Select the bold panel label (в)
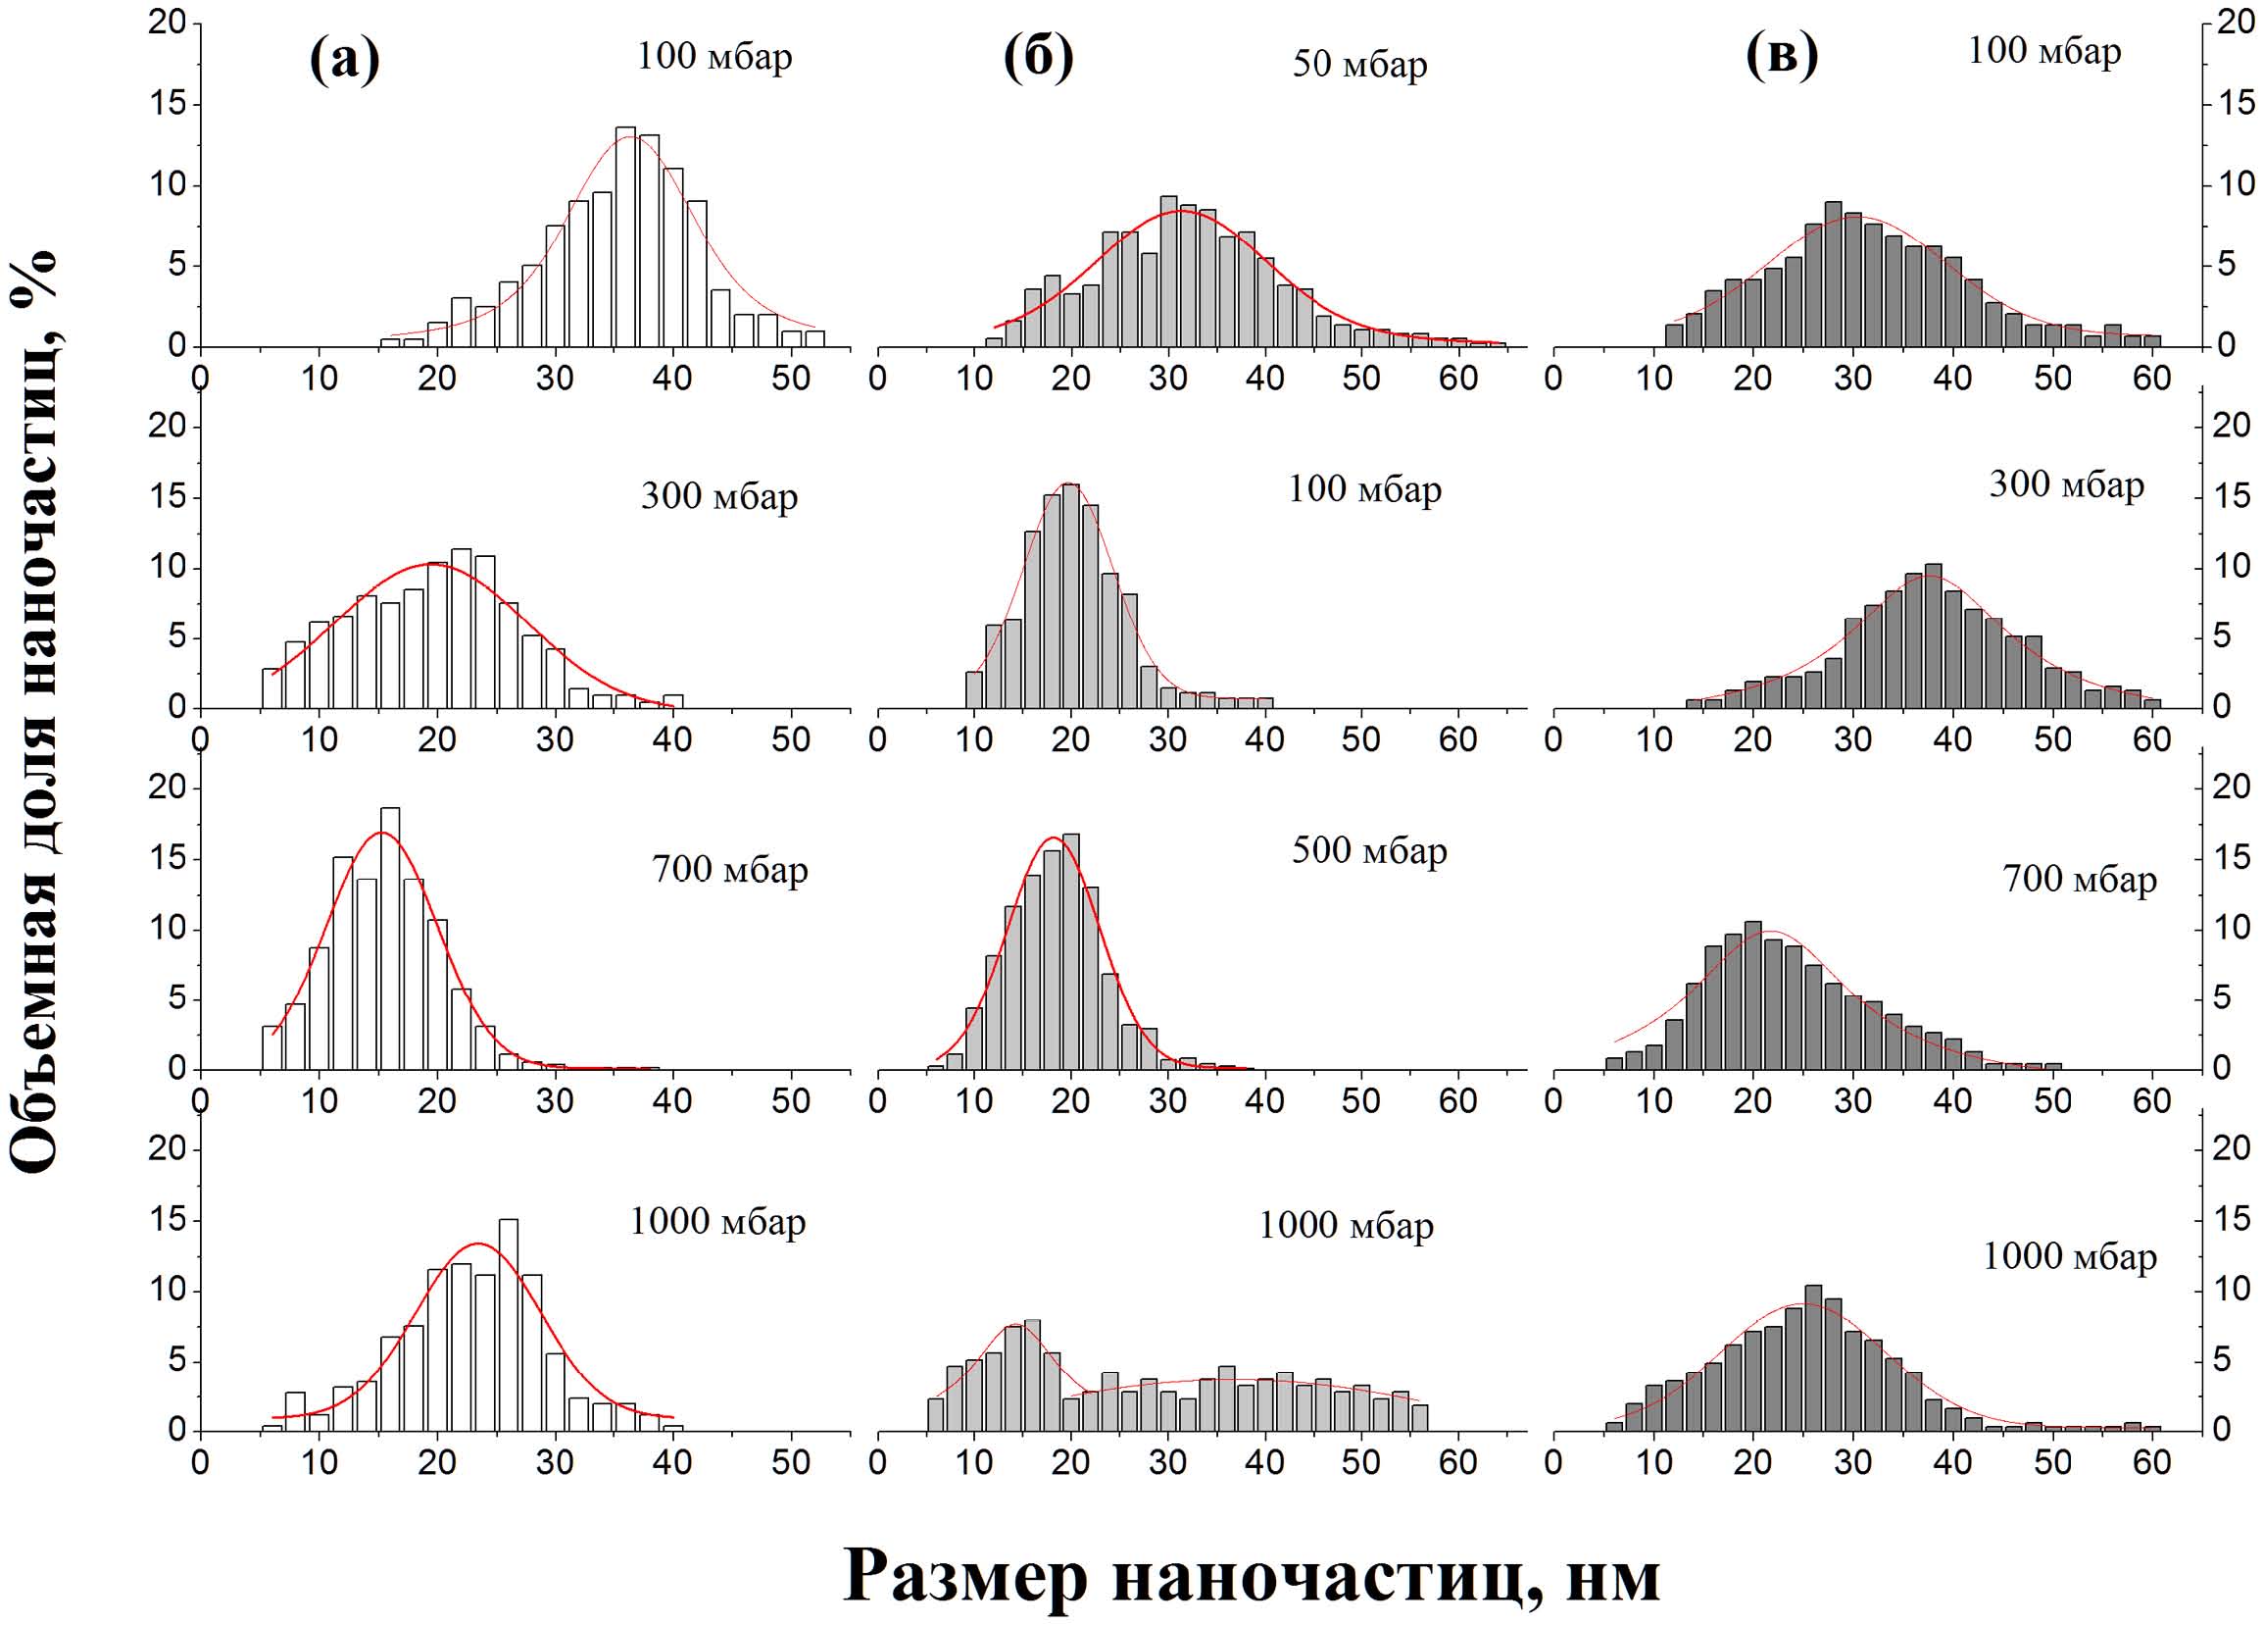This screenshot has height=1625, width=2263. [x=1782, y=56]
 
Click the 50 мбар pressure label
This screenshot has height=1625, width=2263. [x=1359, y=64]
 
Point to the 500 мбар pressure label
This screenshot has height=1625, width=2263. [x=1369, y=850]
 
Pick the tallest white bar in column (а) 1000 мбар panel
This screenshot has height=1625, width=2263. [x=508, y=1325]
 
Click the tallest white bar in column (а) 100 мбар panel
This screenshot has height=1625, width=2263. [x=625, y=237]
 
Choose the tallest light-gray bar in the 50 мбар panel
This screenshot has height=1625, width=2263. [x=1168, y=272]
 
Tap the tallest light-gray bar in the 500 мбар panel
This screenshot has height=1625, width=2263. [x=1070, y=951]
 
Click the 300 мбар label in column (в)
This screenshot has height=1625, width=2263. [x=2065, y=485]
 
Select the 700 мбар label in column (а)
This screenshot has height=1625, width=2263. [x=729, y=870]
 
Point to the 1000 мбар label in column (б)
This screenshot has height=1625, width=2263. [x=1345, y=1225]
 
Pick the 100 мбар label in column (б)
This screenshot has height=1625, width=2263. [x=1364, y=489]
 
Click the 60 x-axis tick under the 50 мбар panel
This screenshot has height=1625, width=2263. [x=1457, y=379]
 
